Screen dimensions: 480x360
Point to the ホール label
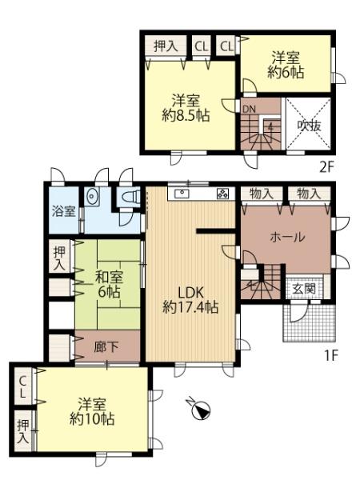click(x=286, y=238)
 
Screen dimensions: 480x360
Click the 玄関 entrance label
click(x=303, y=289)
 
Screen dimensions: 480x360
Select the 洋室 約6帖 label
click(x=286, y=65)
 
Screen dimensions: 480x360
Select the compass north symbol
click(x=199, y=410)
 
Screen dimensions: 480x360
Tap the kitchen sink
click(x=182, y=194)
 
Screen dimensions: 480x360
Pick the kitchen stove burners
click(x=222, y=194)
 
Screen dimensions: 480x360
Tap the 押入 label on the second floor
click(x=166, y=46)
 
